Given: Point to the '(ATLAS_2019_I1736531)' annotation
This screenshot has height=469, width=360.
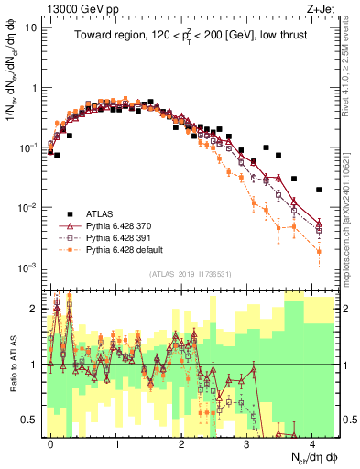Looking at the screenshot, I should [190, 273].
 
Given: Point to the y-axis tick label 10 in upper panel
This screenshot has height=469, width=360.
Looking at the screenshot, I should [30, 27].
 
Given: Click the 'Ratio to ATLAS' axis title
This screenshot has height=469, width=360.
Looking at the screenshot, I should [12, 365].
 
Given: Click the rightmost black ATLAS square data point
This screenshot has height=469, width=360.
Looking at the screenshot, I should [319, 190].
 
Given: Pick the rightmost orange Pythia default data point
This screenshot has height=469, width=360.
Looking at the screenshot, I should [319, 251].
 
